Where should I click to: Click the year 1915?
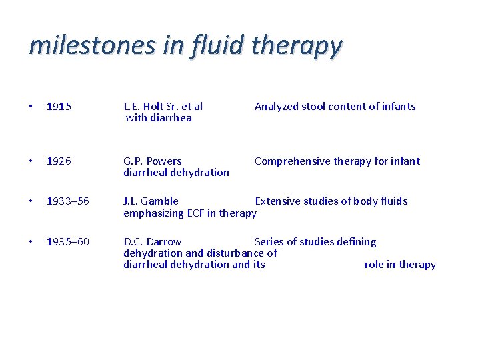[59, 107]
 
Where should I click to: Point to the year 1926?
[59, 161]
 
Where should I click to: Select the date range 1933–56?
[67, 201]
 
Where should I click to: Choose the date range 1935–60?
[67, 242]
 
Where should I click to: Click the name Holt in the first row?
[153, 107]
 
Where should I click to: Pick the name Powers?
[164, 161]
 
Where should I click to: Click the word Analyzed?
[277, 107]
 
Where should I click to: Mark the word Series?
[269, 242]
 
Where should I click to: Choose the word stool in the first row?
[314, 107]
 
